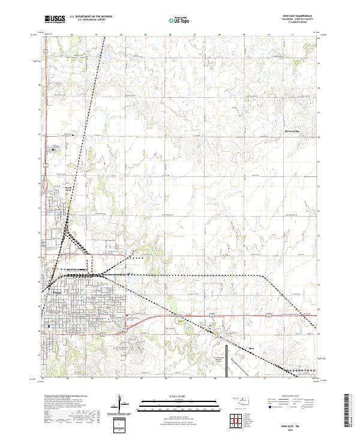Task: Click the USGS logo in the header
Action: tap(55, 20)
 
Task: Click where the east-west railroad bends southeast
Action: tap(264, 275)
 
